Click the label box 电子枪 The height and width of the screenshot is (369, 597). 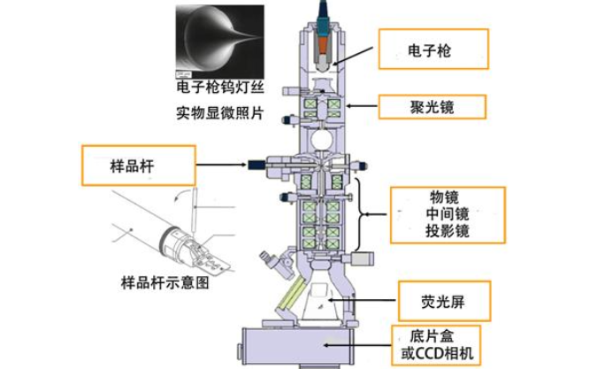pyautogui.click(x=432, y=50)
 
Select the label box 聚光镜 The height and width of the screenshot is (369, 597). pyautogui.click(x=432, y=107)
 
